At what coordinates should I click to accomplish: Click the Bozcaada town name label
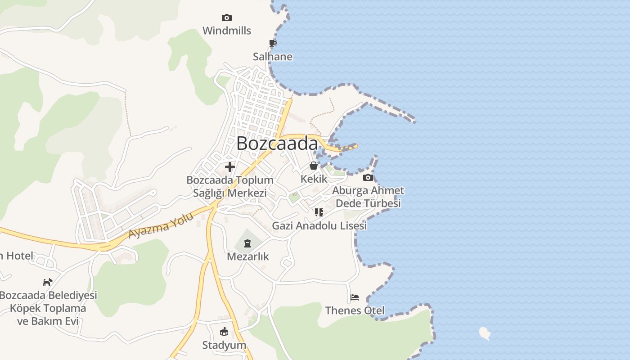(x=277, y=144)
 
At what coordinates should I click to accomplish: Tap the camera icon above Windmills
(x=227, y=18)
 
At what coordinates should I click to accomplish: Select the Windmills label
(x=227, y=31)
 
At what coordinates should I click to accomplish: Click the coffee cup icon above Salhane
(x=272, y=43)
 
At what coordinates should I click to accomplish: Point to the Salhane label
(x=273, y=57)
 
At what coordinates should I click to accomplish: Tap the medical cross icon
(x=230, y=167)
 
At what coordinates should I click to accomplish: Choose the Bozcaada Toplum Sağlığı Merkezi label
(x=230, y=186)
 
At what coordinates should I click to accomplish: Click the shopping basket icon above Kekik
(x=314, y=166)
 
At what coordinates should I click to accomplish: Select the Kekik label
(x=314, y=179)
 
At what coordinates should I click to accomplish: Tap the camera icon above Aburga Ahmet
(x=368, y=177)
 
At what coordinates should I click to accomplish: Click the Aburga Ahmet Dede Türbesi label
(x=368, y=197)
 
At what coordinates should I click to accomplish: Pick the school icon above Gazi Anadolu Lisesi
(x=319, y=212)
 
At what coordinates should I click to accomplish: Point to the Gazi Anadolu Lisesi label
(x=319, y=225)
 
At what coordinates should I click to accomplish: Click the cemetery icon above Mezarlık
(x=247, y=243)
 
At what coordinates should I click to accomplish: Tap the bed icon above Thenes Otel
(x=355, y=297)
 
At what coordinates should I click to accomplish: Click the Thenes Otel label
(x=355, y=310)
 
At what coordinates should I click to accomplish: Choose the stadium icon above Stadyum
(x=224, y=332)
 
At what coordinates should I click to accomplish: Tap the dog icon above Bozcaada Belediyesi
(x=47, y=282)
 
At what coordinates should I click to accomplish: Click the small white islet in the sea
(x=485, y=333)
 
